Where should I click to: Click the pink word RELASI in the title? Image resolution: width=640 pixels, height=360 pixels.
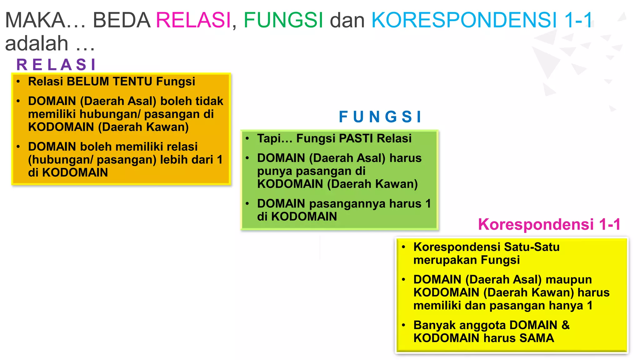coord(193,20)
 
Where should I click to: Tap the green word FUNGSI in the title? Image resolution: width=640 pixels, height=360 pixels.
coord(283,20)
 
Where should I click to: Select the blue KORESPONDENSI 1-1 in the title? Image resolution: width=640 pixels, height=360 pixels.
coord(482,20)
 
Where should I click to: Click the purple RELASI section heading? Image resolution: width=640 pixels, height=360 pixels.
coord(56,65)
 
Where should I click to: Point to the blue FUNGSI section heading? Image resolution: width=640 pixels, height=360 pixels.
coord(380,117)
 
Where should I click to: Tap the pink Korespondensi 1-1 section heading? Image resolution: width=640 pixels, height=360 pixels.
coord(549,224)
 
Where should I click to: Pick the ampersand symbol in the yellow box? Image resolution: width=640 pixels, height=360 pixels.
coord(566,325)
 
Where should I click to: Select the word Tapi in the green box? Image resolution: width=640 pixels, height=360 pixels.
coord(269,138)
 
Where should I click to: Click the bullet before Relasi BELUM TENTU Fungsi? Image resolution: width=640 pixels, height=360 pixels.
coord(18,82)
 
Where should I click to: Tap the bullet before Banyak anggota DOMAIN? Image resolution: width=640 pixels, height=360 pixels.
coord(403,325)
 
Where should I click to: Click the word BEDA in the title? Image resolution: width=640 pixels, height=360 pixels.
coord(122,20)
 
